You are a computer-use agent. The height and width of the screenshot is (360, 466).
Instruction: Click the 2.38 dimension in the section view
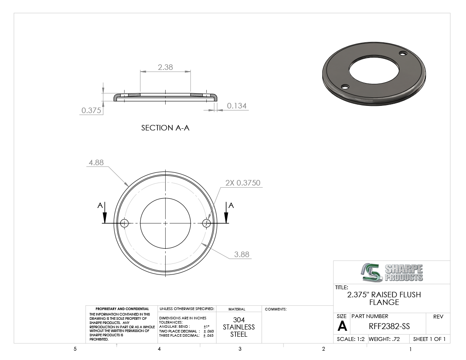(x=165, y=67)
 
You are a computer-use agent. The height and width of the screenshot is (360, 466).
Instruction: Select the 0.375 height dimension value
(x=91, y=110)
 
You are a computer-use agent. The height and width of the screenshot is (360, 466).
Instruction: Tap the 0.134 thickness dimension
(x=237, y=106)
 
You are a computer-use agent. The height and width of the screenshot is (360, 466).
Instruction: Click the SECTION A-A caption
(x=165, y=128)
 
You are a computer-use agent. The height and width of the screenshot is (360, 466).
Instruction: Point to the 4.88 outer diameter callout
(x=96, y=163)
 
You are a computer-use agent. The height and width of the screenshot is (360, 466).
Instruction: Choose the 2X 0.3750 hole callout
(x=243, y=183)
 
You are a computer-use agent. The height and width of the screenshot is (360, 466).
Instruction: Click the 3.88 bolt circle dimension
(x=241, y=254)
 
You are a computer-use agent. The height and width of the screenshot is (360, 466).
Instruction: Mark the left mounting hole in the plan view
(x=124, y=223)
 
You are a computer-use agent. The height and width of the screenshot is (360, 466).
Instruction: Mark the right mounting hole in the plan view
(x=207, y=223)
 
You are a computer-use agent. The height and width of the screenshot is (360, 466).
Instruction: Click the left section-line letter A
(x=100, y=205)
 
